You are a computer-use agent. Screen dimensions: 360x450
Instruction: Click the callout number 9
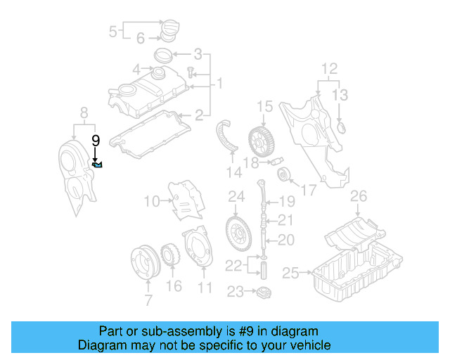pos(96,139)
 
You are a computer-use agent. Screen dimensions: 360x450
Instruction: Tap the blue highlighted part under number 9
pos(98,165)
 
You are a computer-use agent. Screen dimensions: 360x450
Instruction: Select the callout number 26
pos(359,195)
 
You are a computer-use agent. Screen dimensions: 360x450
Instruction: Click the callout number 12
pos(329,69)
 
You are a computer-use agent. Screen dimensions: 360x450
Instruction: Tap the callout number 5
pos(112,31)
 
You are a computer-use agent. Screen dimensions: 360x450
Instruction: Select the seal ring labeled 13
pos(342,128)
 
